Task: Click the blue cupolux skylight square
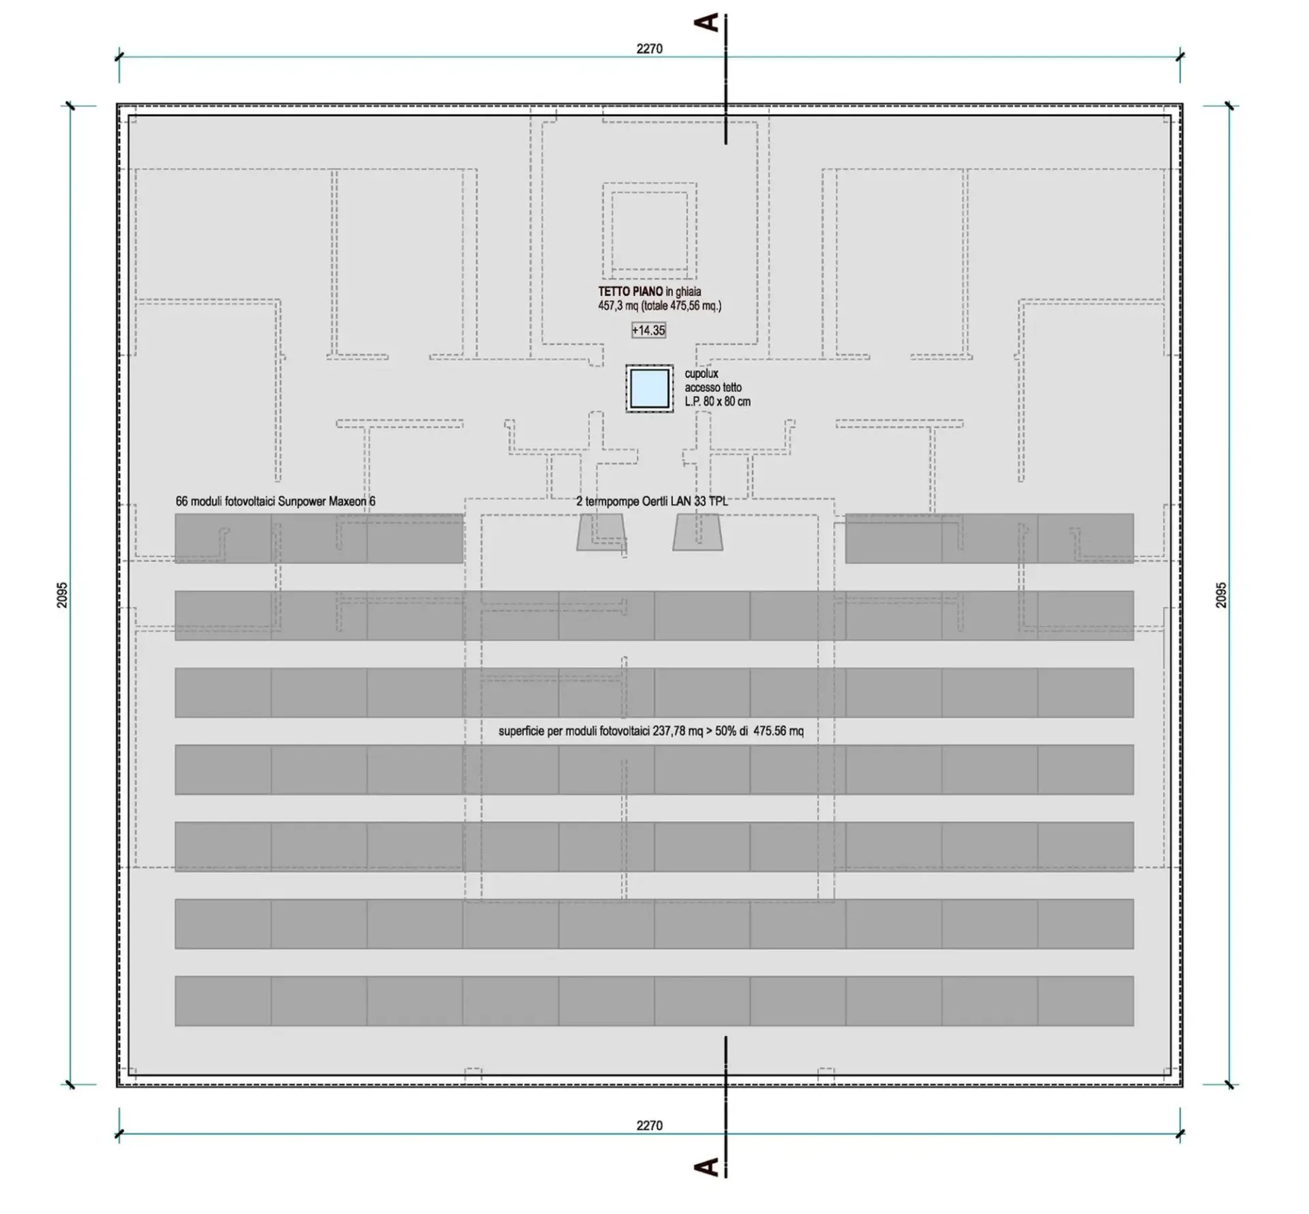[649, 389]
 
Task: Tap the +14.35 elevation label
[648, 331]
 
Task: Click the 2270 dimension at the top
[649, 48]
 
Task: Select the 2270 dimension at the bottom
[649, 1125]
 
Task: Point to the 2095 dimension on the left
[62, 595]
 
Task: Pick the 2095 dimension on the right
[1221, 595]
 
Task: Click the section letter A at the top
[706, 23]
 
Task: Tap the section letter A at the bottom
[706, 1166]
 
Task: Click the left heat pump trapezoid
[601, 532]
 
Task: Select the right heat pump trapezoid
[697, 532]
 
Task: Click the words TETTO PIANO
[631, 292]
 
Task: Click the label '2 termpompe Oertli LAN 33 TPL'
[652, 501]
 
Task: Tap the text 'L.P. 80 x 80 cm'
[717, 402]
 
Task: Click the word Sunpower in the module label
[302, 501]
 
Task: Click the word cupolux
[702, 374]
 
